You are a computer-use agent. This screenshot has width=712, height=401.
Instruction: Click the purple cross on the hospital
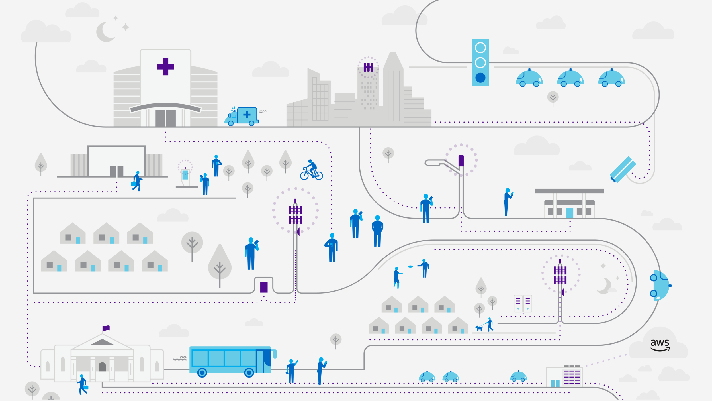click(165, 67)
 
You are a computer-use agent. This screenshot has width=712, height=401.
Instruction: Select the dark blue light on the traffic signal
click(480, 78)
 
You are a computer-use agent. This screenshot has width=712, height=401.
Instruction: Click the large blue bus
click(231, 360)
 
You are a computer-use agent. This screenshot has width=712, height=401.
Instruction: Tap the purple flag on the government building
click(106, 328)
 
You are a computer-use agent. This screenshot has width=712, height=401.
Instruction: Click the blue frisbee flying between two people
click(410, 266)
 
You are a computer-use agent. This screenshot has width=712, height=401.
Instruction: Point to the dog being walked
click(479, 328)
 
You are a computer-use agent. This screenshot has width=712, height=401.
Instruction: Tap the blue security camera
click(623, 169)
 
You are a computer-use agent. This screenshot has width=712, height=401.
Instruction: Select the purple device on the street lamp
click(461, 161)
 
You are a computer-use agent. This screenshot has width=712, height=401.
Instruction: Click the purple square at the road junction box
click(264, 287)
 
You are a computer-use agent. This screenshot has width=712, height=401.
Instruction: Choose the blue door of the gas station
click(569, 213)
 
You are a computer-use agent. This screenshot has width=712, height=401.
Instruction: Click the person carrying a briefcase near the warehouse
click(137, 181)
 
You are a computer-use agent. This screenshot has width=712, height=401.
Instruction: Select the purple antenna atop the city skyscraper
click(368, 67)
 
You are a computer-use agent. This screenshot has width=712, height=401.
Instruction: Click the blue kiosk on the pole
click(185, 175)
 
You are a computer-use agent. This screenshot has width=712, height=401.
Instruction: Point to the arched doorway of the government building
click(102, 367)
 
